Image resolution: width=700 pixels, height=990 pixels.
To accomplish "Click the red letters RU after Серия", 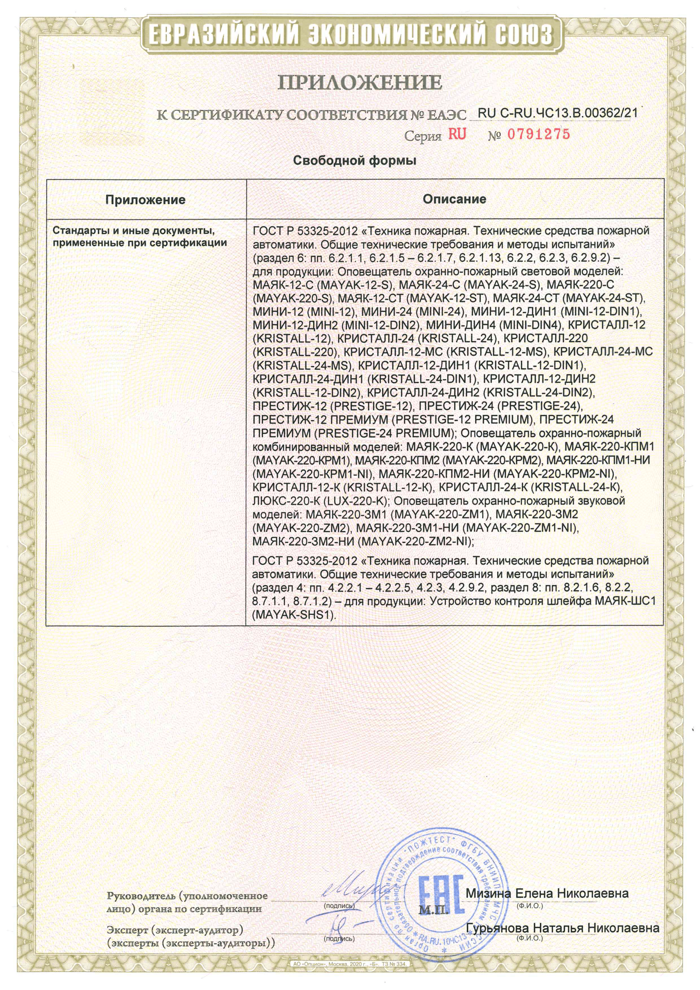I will coord(457,135).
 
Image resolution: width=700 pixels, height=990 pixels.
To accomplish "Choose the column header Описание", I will coord(454,199).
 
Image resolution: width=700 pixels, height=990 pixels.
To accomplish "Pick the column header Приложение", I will coord(146,199).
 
